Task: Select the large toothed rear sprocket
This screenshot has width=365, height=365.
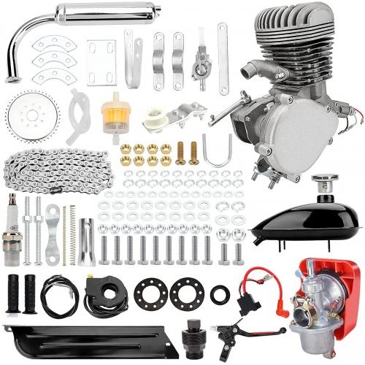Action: tap(33, 117)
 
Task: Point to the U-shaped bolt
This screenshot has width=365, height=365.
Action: tap(218, 155)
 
